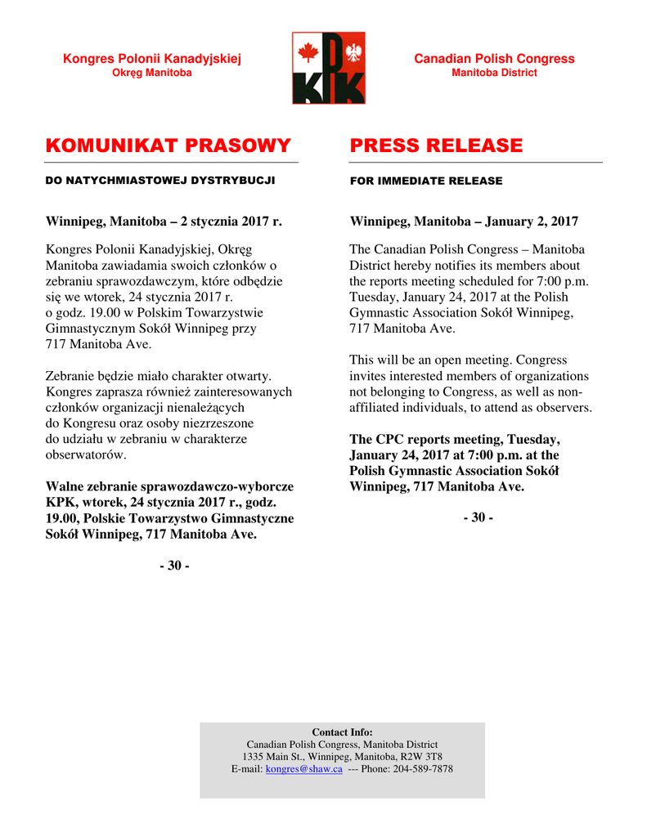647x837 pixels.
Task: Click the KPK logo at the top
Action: [x=329, y=68]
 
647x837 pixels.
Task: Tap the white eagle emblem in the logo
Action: [x=354, y=54]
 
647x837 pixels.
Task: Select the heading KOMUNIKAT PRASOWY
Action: [x=168, y=146]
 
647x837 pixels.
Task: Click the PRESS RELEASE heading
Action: [x=436, y=146]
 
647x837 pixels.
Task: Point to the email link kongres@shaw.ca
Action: [x=304, y=769]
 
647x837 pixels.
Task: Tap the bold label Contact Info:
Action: [x=342, y=732]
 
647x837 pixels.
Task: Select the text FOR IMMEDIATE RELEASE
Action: [x=426, y=181]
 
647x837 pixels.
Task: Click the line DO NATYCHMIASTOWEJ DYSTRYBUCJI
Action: [x=160, y=180]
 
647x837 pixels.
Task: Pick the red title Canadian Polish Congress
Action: [x=494, y=59]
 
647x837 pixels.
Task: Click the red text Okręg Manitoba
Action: [x=152, y=73]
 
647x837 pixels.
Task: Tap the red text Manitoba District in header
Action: [x=494, y=73]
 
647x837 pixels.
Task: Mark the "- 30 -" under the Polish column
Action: [x=174, y=566]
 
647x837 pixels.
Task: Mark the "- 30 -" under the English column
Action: [x=478, y=518]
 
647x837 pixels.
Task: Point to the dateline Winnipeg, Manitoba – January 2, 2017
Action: [x=464, y=222]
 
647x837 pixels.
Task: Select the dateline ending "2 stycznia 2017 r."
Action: [x=164, y=222]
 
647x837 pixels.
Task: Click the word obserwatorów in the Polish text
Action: [x=85, y=454]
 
